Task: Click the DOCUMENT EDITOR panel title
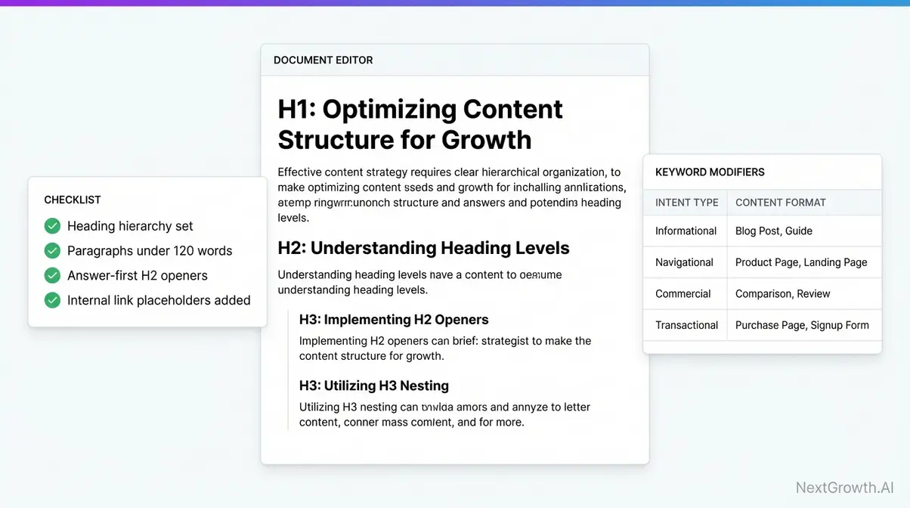[323, 60]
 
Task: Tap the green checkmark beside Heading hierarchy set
[52, 226]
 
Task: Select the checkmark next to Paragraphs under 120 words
[52, 251]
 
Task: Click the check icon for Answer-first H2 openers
[52, 276]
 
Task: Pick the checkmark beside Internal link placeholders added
[52, 300]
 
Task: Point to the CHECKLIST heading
[73, 200]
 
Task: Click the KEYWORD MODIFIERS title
[710, 172]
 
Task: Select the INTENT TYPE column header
[686, 203]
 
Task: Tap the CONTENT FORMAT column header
[780, 203]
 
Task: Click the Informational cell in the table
[686, 231]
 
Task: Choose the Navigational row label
[684, 262]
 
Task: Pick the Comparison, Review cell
[782, 294]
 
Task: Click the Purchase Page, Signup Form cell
[802, 326]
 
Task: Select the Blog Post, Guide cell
[773, 231]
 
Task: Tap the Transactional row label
[686, 326]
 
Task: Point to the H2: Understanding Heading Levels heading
[423, 248]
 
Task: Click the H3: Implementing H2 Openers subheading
[394, 320]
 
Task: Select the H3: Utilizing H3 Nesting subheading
[373, 386]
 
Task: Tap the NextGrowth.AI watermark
[845, 488]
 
